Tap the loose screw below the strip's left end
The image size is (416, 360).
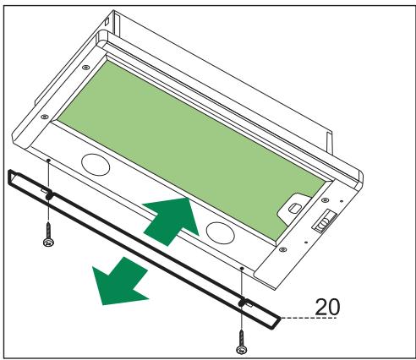pyautogui.click(x=47, y=239)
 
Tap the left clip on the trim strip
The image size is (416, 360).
pyautogui.click(x=49, y=195)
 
